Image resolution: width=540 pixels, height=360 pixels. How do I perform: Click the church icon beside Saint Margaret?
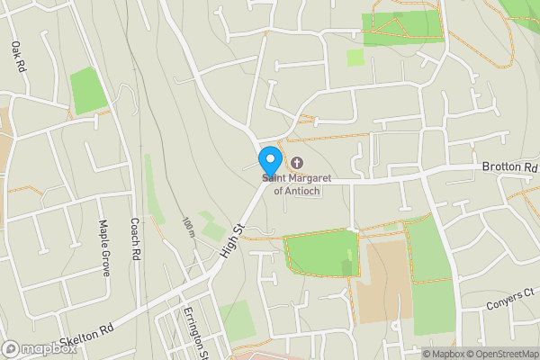point(296,162)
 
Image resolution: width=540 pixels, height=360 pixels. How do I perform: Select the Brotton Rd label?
point(508,167)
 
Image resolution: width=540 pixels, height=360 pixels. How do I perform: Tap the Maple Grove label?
point(103,249)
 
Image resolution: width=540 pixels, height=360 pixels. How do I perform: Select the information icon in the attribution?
point(426,354)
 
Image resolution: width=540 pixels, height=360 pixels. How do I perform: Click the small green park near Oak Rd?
point(88,90)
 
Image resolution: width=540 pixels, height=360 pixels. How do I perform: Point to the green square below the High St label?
point(238,320)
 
